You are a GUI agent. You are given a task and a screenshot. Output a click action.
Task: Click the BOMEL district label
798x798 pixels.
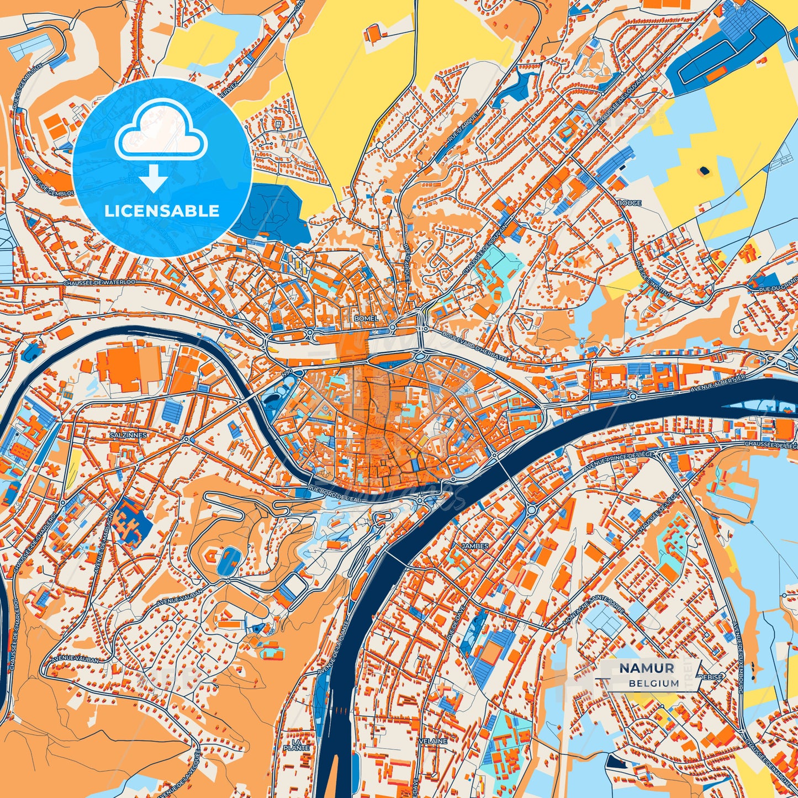pyautogui.click(x=367, y=319)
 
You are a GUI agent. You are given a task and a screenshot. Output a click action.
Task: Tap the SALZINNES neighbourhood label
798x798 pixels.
pyautogui.click(x=128, y=435)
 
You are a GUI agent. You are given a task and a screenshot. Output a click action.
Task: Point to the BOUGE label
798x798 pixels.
pyautogui.click(x=629, y=203)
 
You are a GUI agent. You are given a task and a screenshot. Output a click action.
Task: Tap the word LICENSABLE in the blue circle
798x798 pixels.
pyautogui.click(x=162, y=211)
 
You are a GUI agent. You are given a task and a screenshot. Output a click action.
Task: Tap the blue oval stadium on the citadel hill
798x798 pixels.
pyautogui.click(x=225, y=561)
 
